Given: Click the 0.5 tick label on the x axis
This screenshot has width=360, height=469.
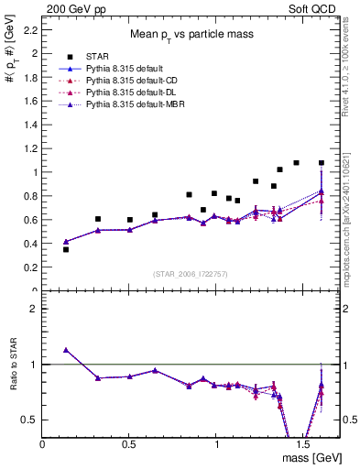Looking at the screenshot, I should [130, 444].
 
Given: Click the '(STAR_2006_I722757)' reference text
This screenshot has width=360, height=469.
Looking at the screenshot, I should [191, 275].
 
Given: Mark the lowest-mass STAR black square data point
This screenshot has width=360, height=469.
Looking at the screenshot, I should [66, 249].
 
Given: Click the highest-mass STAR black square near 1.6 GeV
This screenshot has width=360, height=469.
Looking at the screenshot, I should [321, 163].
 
